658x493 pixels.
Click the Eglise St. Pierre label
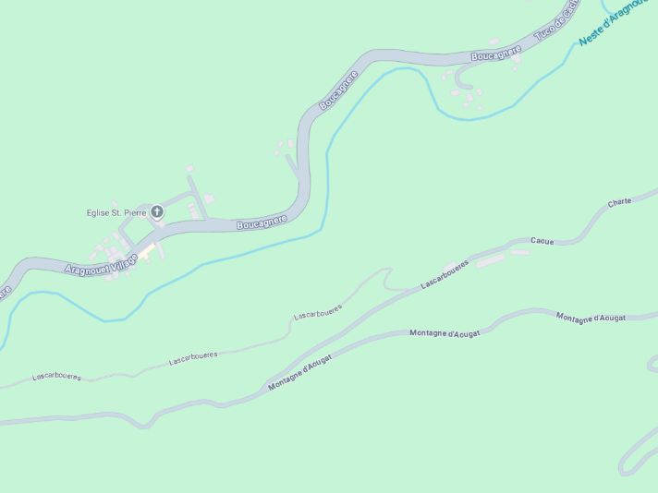coord(116,212)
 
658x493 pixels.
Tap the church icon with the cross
coord(157,212)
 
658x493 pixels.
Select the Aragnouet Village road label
coord(101,264)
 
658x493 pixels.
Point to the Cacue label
coord(542,241)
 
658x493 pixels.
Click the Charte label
coord(619,202)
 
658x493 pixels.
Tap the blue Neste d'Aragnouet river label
coord(614,22)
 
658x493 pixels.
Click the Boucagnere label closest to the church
coord(262,222)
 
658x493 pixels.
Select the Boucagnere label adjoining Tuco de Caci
coord(496,54)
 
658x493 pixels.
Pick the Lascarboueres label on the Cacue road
coord(445,274)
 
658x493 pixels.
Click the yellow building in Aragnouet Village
coord(146,249)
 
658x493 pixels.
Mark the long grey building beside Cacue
coord(490,260)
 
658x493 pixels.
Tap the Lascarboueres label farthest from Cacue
coord(56,377)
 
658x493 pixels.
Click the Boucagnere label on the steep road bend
coord(338,90)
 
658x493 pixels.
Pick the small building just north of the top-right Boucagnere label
coord(494,42)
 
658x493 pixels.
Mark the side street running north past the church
coord(197,194)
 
